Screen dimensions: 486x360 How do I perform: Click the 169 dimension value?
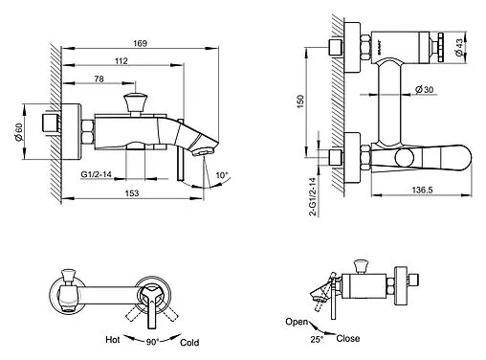[x=140, y=43]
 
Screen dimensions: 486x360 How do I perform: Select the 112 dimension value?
[x=121, y=60]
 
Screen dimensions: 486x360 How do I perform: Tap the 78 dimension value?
[x=99, y=79]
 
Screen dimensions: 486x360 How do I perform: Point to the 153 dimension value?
[x=132, y=193]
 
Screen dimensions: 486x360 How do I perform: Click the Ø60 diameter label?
[x=18, y=132]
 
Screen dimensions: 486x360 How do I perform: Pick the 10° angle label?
[x=222, y=175]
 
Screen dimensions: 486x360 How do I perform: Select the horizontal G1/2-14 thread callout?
[x=96, y=174]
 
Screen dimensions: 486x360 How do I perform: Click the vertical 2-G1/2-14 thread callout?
[x=313, y=197]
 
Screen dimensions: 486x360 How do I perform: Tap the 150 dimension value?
[x=300, y=101]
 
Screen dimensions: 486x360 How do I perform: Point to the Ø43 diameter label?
[x=459, y=48]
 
